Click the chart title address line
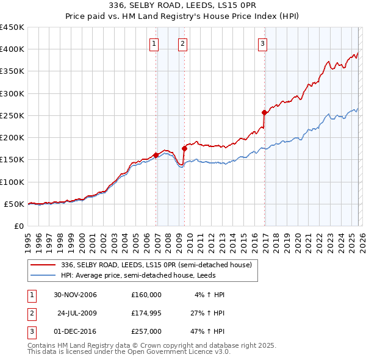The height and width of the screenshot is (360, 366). tap(182, 5)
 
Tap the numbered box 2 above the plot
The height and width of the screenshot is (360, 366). tap(182, 43)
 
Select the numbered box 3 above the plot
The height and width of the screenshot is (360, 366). tap(262, 43)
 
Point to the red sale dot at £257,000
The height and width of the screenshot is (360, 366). tap(264, 112)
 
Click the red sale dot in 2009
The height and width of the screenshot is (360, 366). tap(184, 148)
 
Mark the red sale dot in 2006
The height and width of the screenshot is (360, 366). tap(156, 155)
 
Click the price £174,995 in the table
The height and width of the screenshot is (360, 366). tap(146, 313)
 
